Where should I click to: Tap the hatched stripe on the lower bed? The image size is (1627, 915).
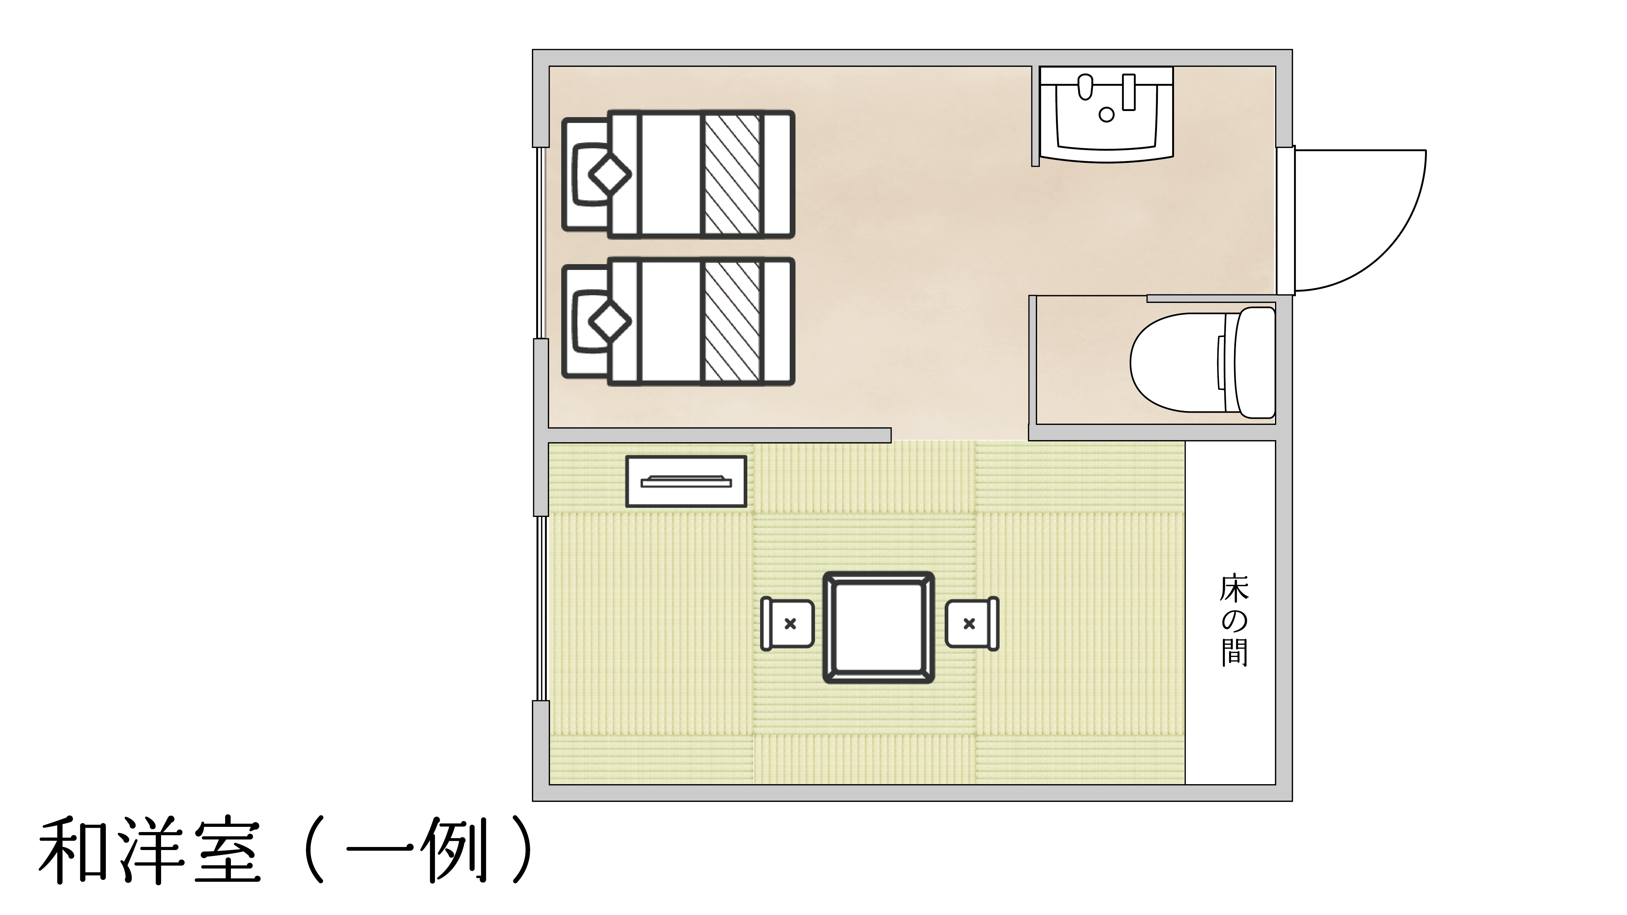[732, 321]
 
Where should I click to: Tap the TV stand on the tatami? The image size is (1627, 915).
[686, 481]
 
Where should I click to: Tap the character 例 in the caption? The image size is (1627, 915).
[455, 852]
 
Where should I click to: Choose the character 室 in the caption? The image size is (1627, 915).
[227, 852]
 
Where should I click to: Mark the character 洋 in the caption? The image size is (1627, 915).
[150, 852]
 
